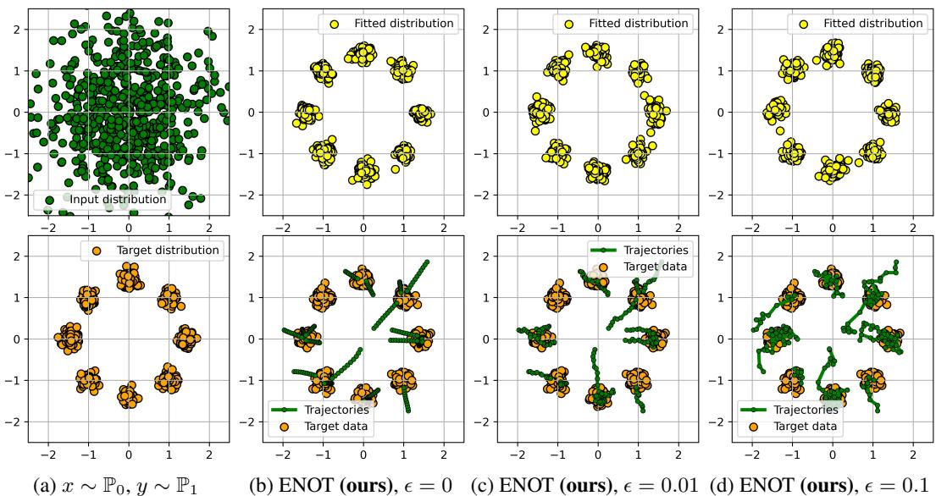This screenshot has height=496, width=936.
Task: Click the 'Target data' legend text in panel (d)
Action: [x=801, y=426]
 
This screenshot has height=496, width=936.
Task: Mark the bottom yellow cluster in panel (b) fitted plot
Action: [x=363, y=169]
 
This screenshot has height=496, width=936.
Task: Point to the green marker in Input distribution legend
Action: [x=51, y=201]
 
